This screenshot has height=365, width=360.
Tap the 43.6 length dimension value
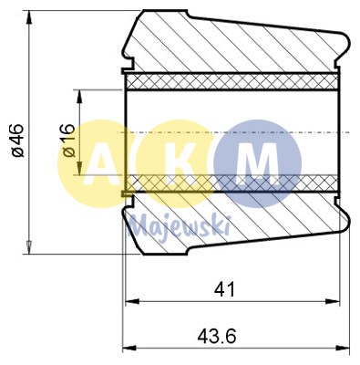coord(216,336)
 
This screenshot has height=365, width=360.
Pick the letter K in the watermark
coord(181,164)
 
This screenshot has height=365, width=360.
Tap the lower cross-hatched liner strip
coord(232,183)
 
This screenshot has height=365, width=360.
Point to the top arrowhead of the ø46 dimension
coord(30,16)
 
